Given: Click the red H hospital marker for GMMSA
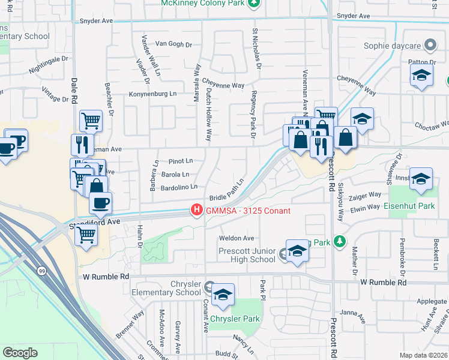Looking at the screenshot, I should pos(195,211).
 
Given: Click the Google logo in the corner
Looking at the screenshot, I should pos(20,352).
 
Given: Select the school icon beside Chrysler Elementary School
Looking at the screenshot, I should pos(222,295).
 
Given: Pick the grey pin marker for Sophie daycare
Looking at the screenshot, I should pos(430,45).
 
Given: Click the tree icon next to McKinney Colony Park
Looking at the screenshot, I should pos(255,3).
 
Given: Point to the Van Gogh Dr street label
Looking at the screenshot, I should pos(173,44).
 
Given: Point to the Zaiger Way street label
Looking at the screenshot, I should pos(366,195).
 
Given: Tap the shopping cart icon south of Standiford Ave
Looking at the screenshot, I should pos(86,236).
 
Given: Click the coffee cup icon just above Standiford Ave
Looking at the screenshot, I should pos(101,202).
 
